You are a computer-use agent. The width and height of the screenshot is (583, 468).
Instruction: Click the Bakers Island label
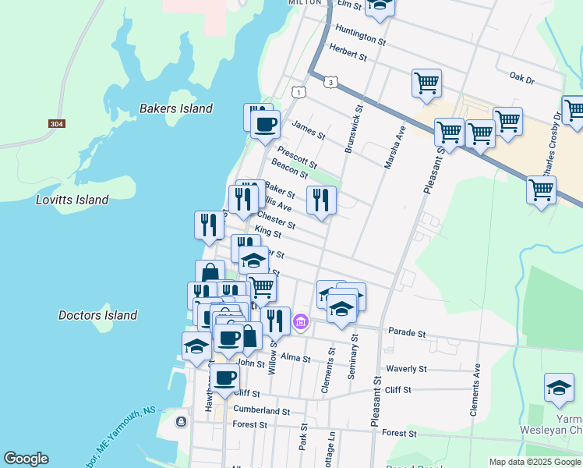(x=175, y=108)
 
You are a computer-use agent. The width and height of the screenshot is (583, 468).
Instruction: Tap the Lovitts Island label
(x=72, y=200)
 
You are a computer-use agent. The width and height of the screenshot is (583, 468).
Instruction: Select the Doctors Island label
(x=98, y=315)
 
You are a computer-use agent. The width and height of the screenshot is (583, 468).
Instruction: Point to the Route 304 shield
(x=56, y=124)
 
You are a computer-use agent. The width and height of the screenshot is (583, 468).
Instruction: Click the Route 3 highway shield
(x=332, y=82)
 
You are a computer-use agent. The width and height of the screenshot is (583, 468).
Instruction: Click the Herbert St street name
(x=348, y=52)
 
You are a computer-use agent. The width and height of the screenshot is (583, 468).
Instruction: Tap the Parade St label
(x=407, y=333)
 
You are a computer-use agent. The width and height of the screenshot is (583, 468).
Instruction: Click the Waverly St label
(x=406, y=368)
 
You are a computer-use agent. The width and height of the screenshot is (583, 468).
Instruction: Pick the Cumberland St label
(x=261, y=410)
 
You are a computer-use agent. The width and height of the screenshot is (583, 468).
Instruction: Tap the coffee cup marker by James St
(x=265, y=124)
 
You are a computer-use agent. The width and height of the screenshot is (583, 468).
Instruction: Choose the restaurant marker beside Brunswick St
(x=321, y=200)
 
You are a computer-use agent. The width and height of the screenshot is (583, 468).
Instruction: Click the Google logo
(x=26, y=459)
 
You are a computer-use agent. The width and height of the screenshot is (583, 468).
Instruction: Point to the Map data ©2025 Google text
(x=534, y=462)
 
